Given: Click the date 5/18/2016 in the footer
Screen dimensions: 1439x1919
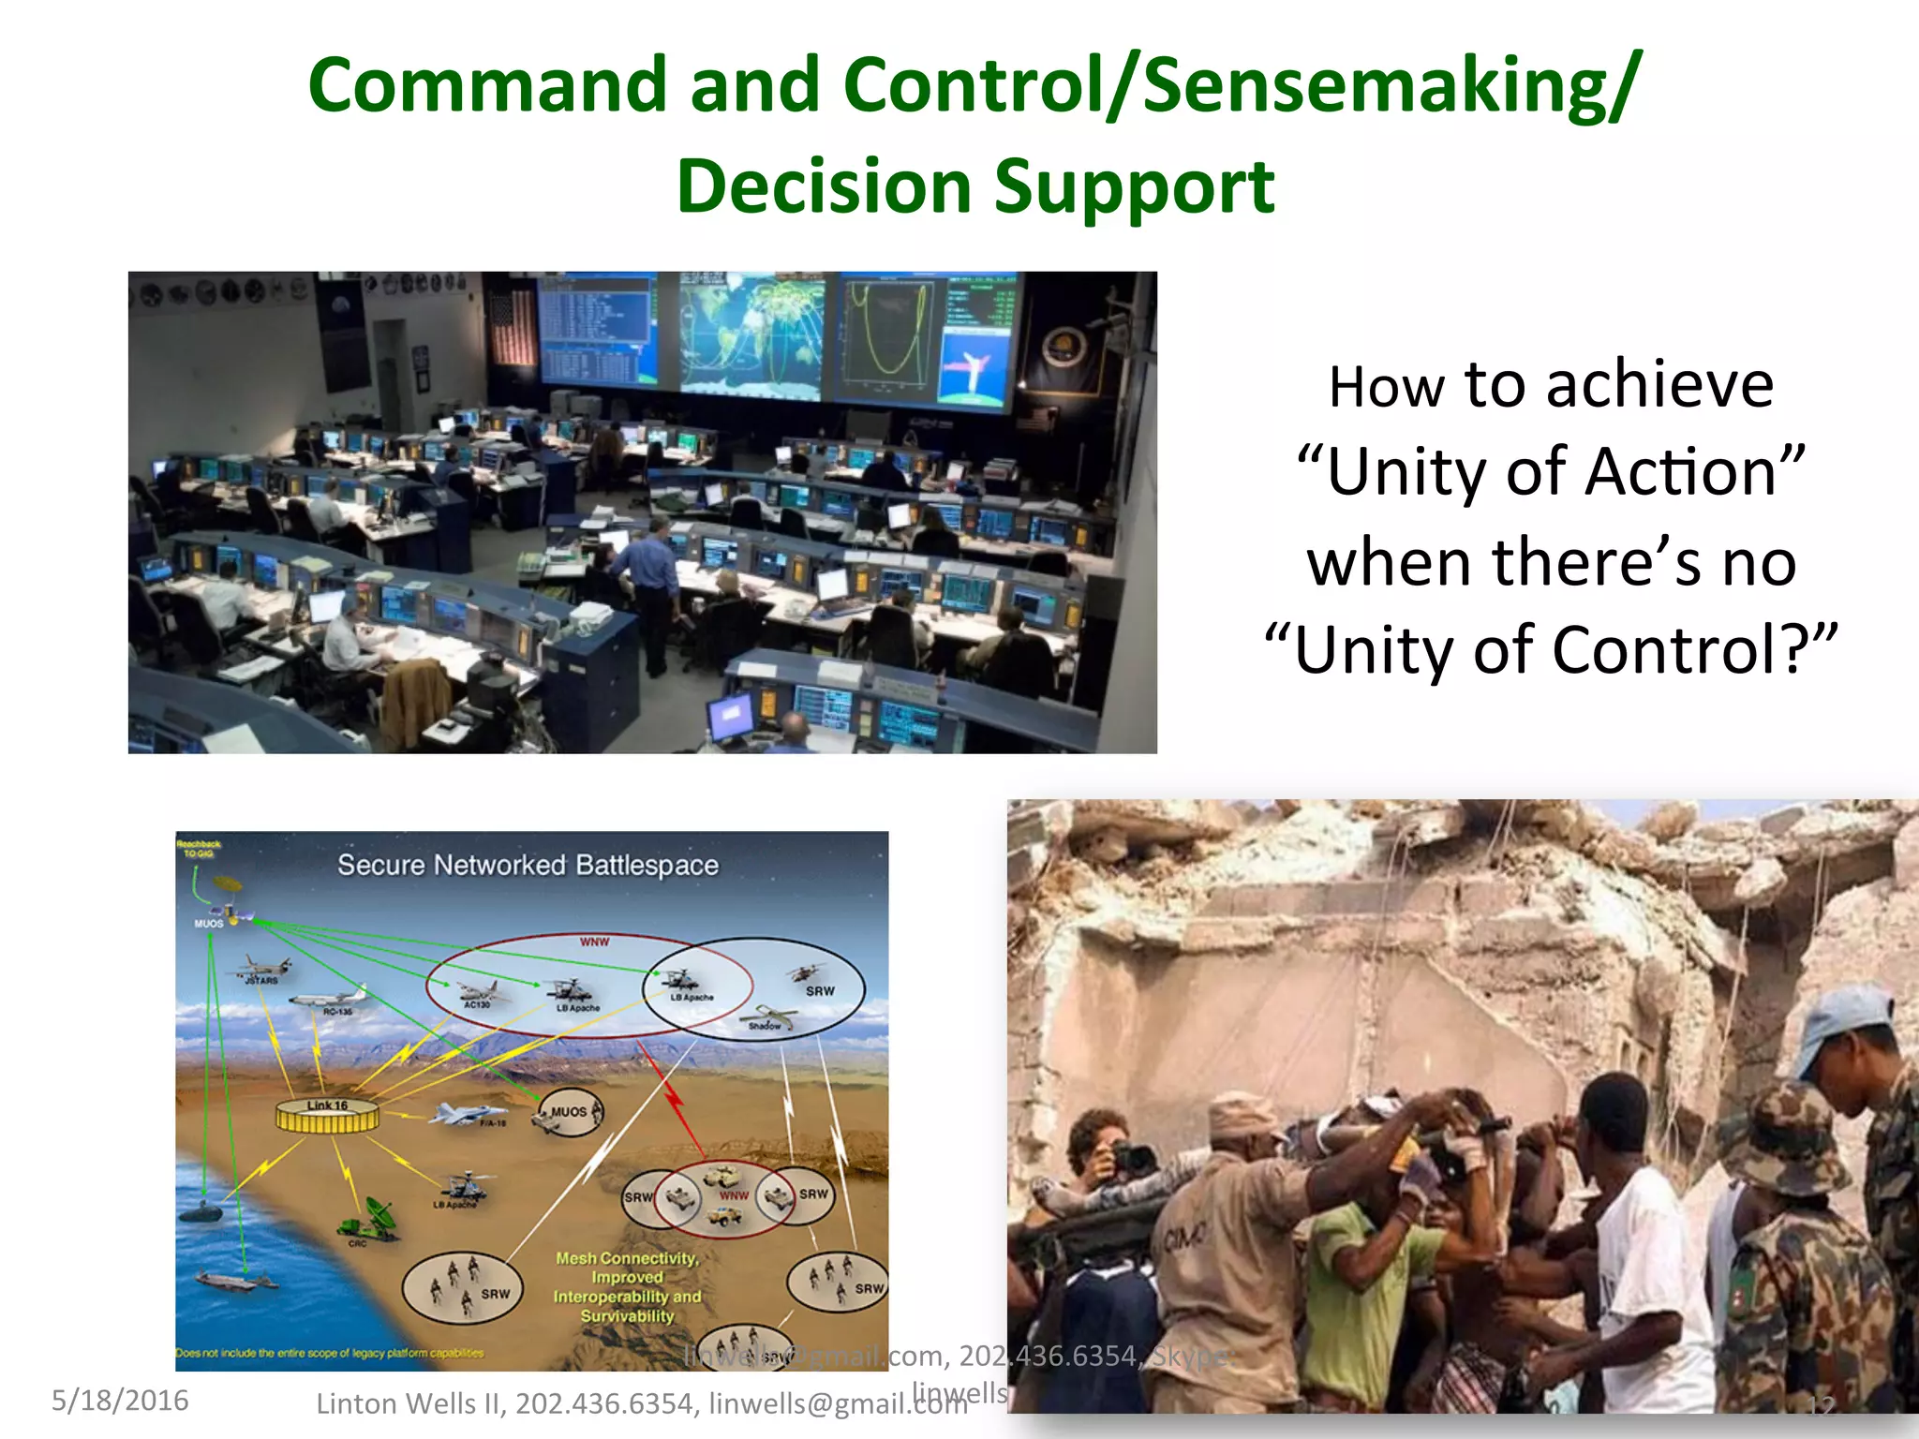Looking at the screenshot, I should pyautogui.click(x=120, y=1401).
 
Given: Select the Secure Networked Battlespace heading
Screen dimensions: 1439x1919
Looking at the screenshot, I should pyautogui.click(x=528, y=865).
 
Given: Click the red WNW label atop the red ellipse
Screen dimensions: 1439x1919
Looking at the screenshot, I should pyautogui.click(x=594, y=942).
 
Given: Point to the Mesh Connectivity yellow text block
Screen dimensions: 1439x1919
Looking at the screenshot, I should pyautogui.click(x=627, y=1287).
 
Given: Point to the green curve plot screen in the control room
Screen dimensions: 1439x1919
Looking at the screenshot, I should pyautogui.click(x=885, y=337).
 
